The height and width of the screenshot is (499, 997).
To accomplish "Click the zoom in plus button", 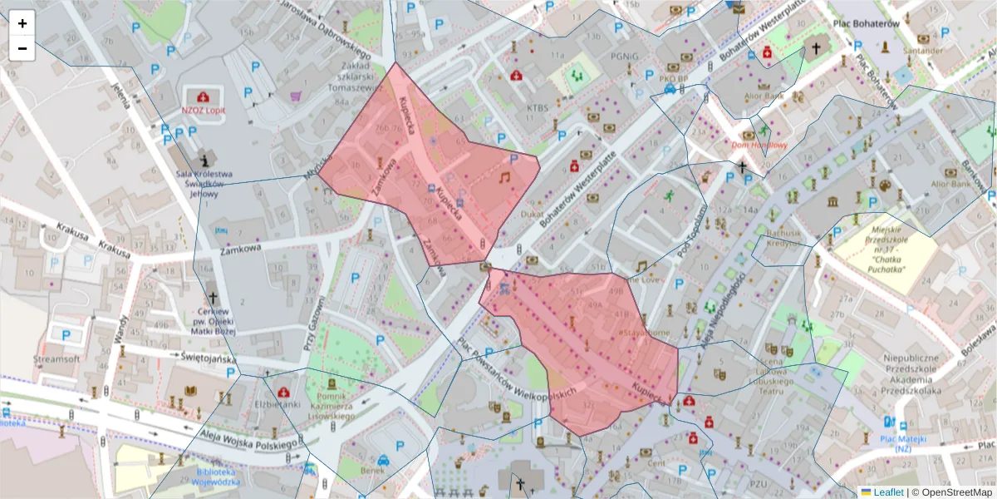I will [22, 23].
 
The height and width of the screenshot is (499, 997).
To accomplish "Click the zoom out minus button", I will [22, 48].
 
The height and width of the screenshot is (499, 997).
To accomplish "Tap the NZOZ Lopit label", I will [204, 109].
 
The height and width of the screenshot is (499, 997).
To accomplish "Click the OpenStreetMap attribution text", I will [954, 492].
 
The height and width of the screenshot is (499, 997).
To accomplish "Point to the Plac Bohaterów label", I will [867, 24].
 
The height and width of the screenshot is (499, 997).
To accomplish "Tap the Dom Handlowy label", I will [759, 145].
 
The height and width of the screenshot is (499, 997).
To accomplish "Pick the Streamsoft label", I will [56, 360].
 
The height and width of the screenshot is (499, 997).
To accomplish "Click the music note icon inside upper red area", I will [503, 177].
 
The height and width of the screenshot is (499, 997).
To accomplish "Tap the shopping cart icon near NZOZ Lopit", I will [295, 96].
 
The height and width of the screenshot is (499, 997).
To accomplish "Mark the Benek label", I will [373, 471].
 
